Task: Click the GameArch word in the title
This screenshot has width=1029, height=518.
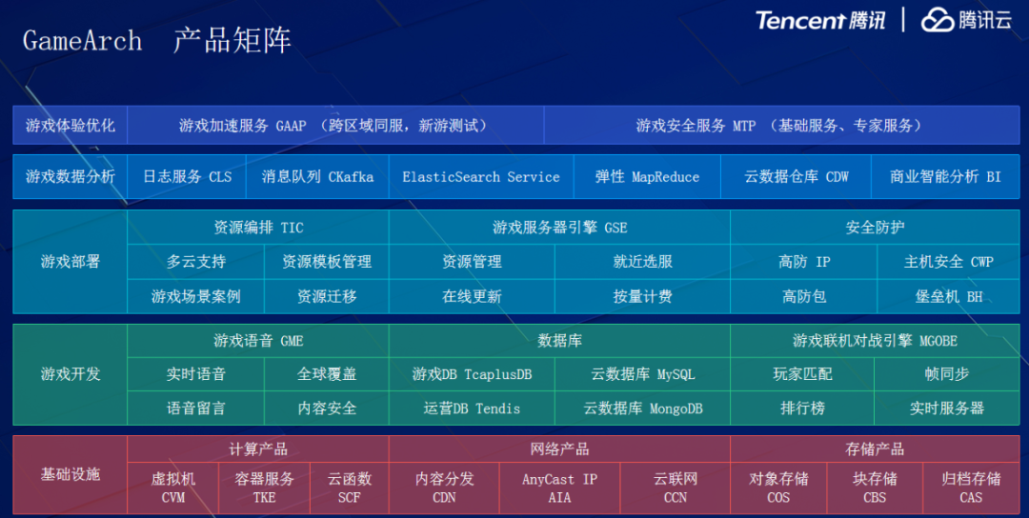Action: pyautogui.click(x=82, y=41)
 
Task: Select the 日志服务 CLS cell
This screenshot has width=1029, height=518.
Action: pyautogui.click(x=187, y=177)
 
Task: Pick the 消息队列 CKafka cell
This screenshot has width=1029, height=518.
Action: pyautogui.click(x=317, y=177)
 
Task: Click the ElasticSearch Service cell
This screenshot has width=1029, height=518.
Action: pyautogui.click(x=481, y=177)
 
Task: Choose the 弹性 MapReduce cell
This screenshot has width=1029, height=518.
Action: pyautogui.click(x=647, y=177)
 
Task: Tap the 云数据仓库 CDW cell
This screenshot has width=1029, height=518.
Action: pyautogui.click(x=797, y=177)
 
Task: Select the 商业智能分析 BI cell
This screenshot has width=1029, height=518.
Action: pyautogui.click(x=945, y=177)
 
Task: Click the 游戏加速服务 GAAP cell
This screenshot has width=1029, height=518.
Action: pyautogui.click(x=334, y=126)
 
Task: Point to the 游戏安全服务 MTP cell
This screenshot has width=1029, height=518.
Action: pyautogui.click(x=778, y=126)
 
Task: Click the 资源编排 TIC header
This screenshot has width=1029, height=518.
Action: pyautogui.click(x=258, y=228)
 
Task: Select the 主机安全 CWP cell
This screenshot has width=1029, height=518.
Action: pyautogui.click(x=948, y=262)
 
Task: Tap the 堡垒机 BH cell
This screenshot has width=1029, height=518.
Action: pyautogui.click(x=948, y=296)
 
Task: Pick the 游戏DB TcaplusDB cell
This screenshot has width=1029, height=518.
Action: pyautogui.click(x=472, y=374)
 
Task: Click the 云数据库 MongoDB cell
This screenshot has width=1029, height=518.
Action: pyautogui.click(x=643, y=408)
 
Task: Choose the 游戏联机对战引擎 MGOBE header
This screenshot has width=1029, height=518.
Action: pyautogui.click(x=875, y=340)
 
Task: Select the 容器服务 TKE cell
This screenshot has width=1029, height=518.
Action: pyautogui.click(x=264, y=488)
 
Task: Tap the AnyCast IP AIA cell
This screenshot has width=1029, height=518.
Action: pyautogui.click(x=559, y=488)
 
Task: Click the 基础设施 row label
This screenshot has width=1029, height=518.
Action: pyautogui.click(x=70, y=474)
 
